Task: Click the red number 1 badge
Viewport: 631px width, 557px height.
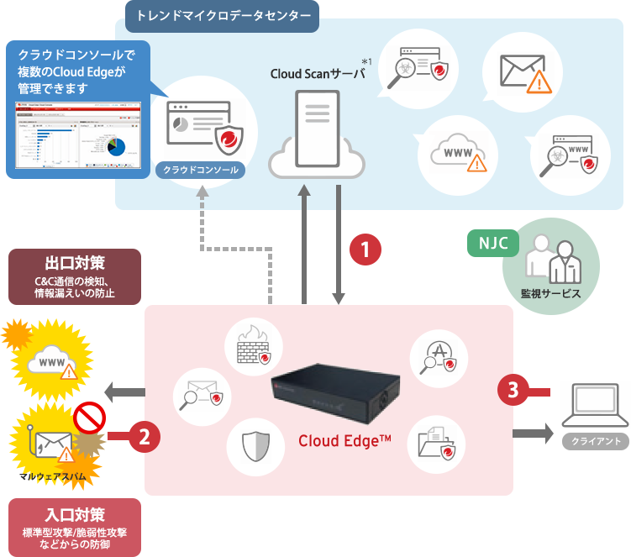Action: click(x=365, y=250)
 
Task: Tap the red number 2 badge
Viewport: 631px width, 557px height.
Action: click(x=144, y=436)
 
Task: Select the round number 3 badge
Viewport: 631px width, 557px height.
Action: click(x=513, y=389)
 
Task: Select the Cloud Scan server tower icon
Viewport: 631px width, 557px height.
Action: click(x=318, y=126)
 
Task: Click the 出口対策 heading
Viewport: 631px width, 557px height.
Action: click(x=75, y=261)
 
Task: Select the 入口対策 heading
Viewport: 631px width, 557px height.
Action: click(x=75, y=514)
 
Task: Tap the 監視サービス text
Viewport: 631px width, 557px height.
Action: click(x=551, y=294)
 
